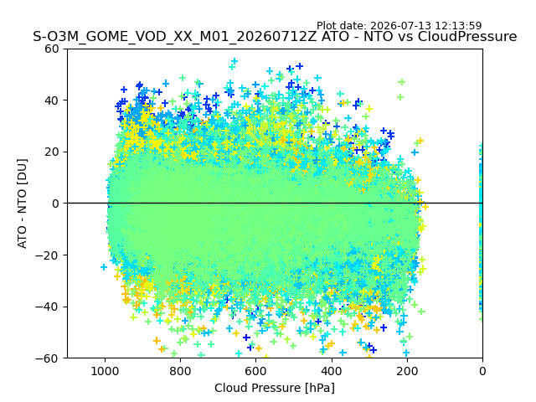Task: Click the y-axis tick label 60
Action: (52, 49)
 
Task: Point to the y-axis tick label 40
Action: (52, 100)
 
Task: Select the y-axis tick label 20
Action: (52, 152)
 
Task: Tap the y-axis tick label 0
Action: (55, 204)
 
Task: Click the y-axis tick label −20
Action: (48, 255)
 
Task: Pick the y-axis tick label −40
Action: (48, 307)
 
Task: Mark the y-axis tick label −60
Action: (48, 358)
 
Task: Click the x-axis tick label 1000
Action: (105, 371)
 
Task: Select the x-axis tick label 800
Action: (181, 371)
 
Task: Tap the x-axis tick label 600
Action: (256, 371)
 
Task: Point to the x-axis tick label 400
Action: (332, 371)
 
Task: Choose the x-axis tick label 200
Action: (407, 371)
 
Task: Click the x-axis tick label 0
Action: (482, 371)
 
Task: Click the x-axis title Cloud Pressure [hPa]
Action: (275, 389)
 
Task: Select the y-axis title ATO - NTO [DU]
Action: (22, 204)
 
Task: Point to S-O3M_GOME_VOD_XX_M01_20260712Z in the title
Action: (175, 37)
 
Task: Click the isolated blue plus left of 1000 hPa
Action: (104, 267)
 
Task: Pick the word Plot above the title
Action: (326, 26)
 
